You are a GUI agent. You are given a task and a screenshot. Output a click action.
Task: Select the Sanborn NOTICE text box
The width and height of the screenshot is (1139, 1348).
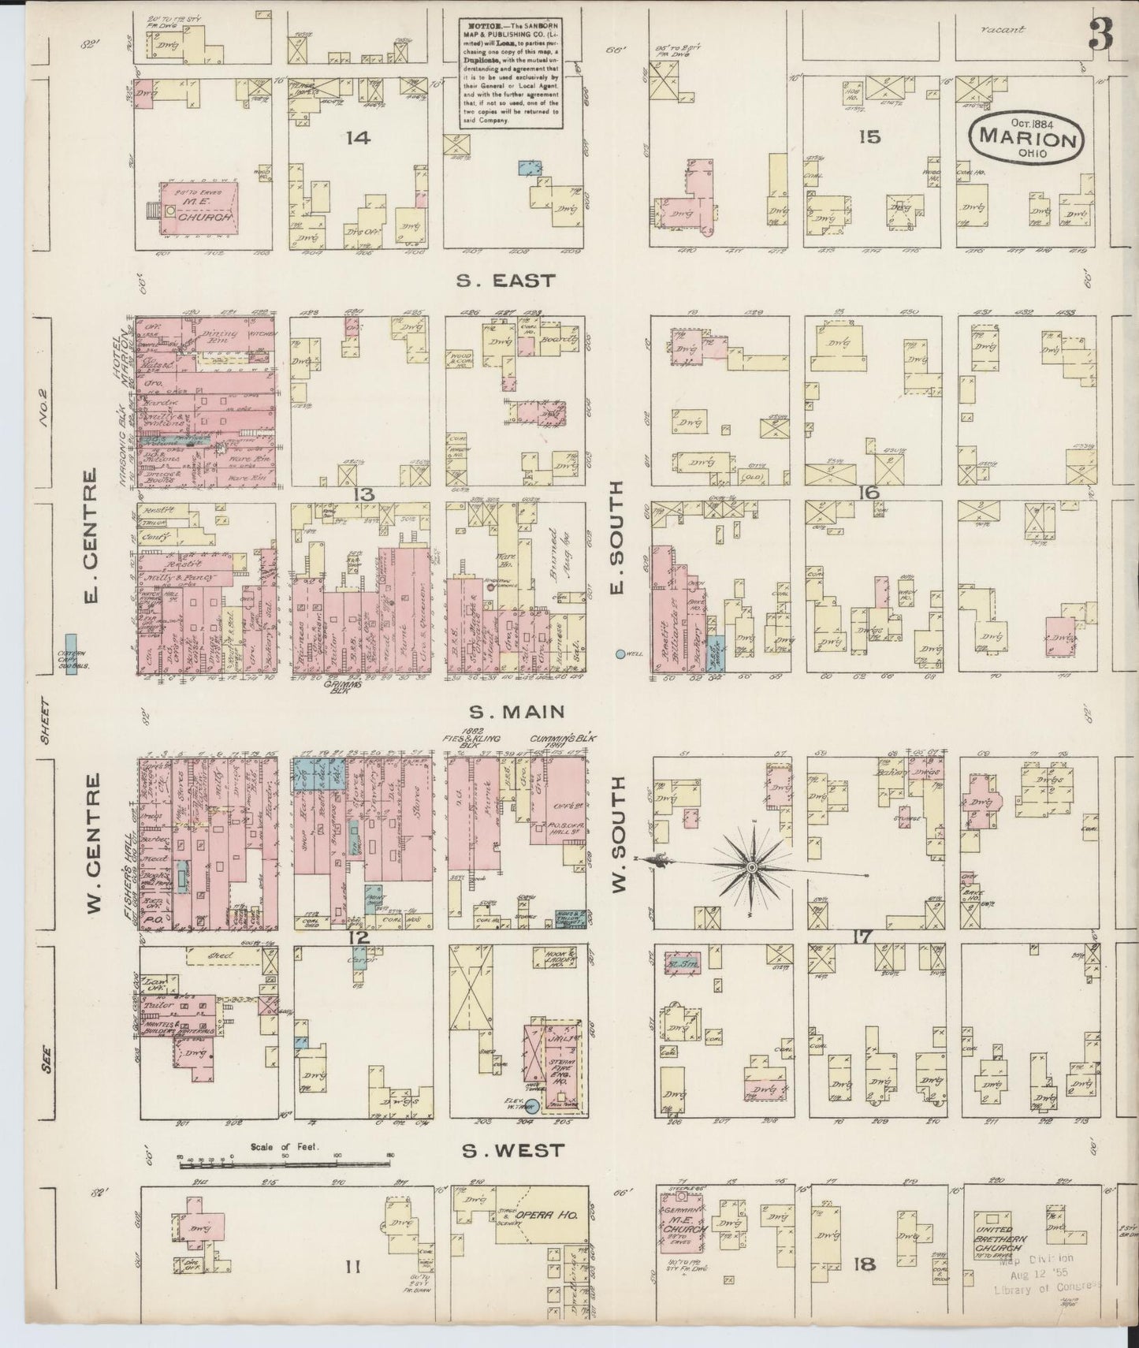coord(511,73)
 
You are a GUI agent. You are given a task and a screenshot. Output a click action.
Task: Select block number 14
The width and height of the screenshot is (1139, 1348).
coord(357,138)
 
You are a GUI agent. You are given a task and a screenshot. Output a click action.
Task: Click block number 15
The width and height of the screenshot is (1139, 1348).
coord(869,137)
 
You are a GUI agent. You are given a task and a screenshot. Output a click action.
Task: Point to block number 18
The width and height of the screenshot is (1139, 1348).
coord(865,1265)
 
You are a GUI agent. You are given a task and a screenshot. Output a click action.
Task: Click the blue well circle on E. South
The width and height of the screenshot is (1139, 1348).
coord(620,654)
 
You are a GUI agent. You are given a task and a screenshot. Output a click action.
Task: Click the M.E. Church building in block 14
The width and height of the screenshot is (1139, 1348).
coord(199,208)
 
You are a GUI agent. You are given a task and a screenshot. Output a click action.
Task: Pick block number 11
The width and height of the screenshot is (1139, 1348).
coord(353,1268)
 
